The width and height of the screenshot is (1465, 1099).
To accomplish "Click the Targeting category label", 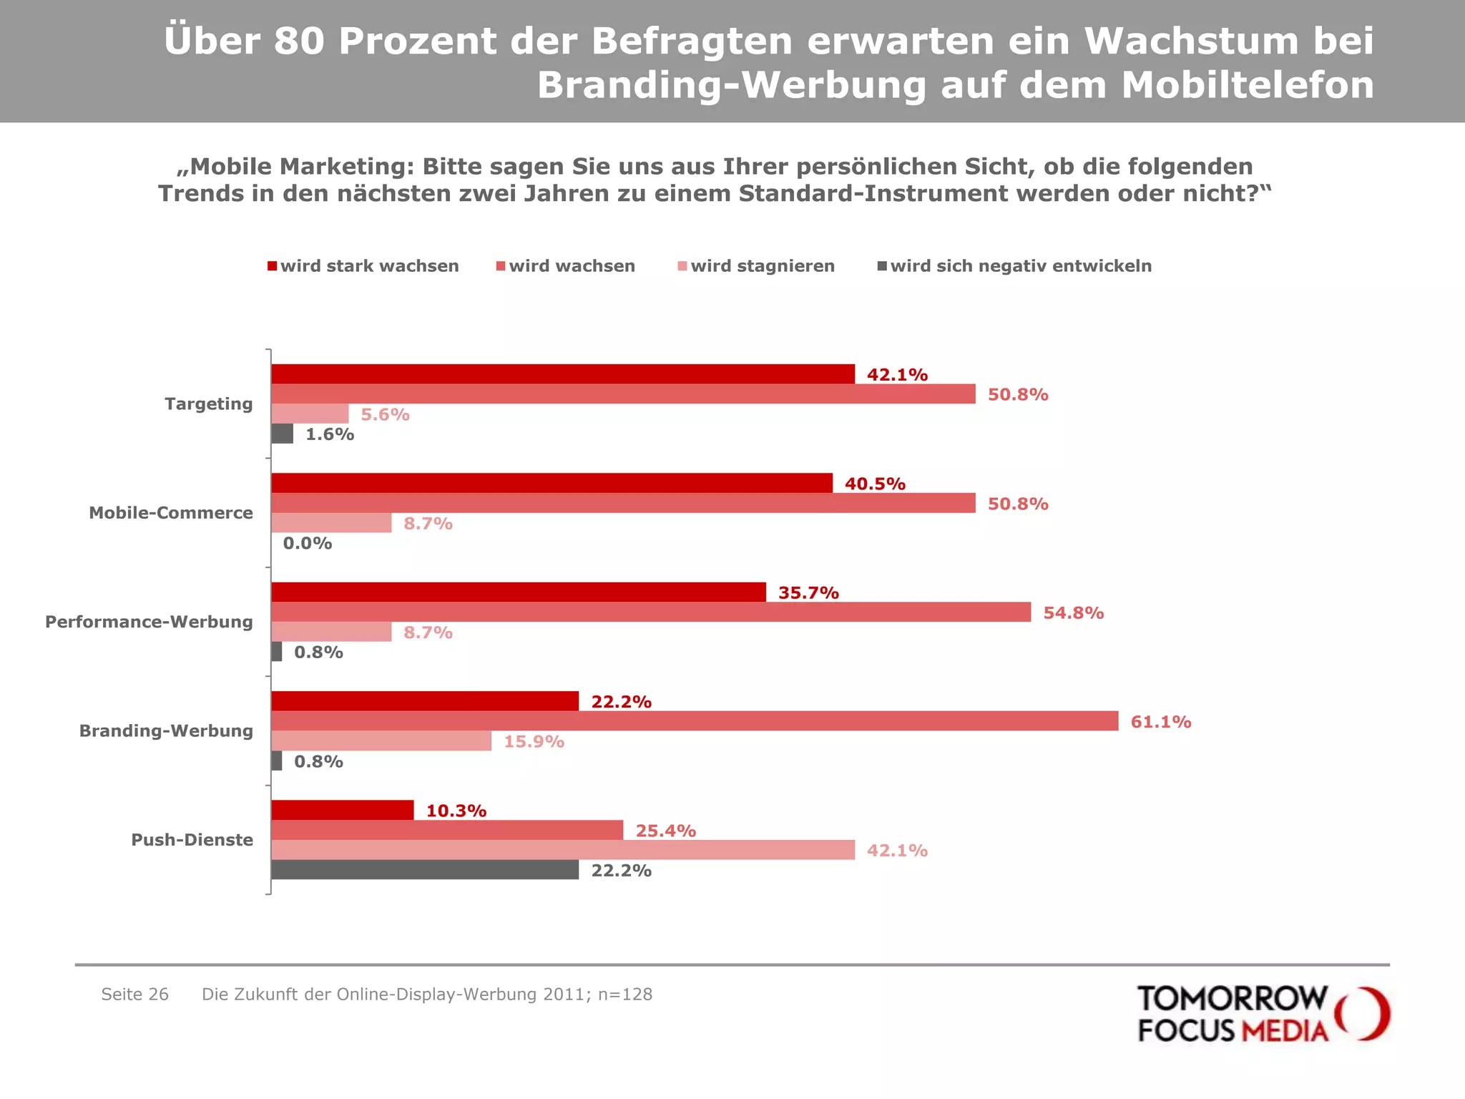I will coord(208,404).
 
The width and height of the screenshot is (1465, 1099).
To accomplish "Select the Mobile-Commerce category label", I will coord(170,513).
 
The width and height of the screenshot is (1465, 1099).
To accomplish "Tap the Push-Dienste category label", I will coord(192,840).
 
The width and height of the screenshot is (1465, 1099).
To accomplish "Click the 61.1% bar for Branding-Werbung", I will coord(694,721).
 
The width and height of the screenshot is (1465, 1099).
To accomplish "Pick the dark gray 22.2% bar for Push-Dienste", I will coord(425,870).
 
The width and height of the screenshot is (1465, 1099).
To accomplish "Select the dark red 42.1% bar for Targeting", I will coord(562,374).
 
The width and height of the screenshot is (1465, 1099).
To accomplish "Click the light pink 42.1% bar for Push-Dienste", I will coord(562,850).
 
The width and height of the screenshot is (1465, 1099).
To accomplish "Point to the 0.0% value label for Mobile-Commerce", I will coord(308,544).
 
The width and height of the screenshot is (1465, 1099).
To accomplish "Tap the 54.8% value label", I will coord(1073,613).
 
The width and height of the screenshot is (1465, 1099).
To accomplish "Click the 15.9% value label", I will coord(534,742).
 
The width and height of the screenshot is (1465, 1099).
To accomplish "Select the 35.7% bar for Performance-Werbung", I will coord(518,592).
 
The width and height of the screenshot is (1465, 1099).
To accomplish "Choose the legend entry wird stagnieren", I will coord(756,266).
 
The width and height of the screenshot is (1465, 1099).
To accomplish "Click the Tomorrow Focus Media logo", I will coord(1263,1013).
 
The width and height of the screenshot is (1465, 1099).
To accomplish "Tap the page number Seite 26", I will coord(134,995).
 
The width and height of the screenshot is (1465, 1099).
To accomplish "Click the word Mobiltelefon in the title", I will coord(1247,85).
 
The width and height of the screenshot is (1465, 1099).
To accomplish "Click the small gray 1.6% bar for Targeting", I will coord(282,434).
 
